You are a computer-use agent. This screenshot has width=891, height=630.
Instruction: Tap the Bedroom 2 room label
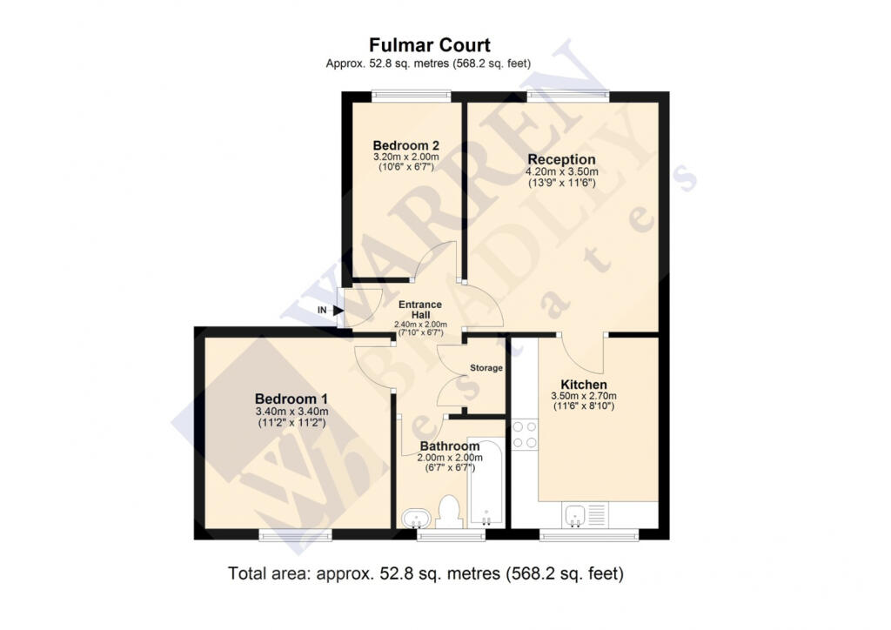pos(405,145)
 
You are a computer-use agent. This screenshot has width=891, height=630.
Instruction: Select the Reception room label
pos(561,159)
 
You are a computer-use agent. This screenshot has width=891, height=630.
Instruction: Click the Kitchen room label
pos(583,385)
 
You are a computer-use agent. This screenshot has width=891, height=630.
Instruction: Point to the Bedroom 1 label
pos(291,399)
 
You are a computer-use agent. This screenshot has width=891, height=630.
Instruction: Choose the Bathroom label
pos(448,446)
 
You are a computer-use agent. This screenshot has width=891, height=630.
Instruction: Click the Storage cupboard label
pos(486,368)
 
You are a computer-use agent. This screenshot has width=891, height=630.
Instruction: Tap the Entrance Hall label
pos(421,309)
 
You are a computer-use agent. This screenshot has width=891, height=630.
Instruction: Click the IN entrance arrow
pos(337,310)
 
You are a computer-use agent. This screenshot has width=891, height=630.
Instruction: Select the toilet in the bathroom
pos(450,512)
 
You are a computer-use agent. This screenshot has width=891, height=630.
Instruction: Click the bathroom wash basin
pos(417,519)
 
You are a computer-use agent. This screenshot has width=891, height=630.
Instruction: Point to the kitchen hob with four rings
pos(525,434)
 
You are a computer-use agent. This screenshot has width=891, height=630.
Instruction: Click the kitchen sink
pos(576,516)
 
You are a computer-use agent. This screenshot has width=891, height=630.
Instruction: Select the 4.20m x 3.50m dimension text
pos(561,172)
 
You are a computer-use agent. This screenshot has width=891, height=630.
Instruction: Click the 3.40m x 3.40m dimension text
pos(291,412)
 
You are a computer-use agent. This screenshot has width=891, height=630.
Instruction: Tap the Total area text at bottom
pos(426,573)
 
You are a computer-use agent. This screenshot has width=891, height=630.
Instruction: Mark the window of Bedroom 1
pos(295,534)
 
